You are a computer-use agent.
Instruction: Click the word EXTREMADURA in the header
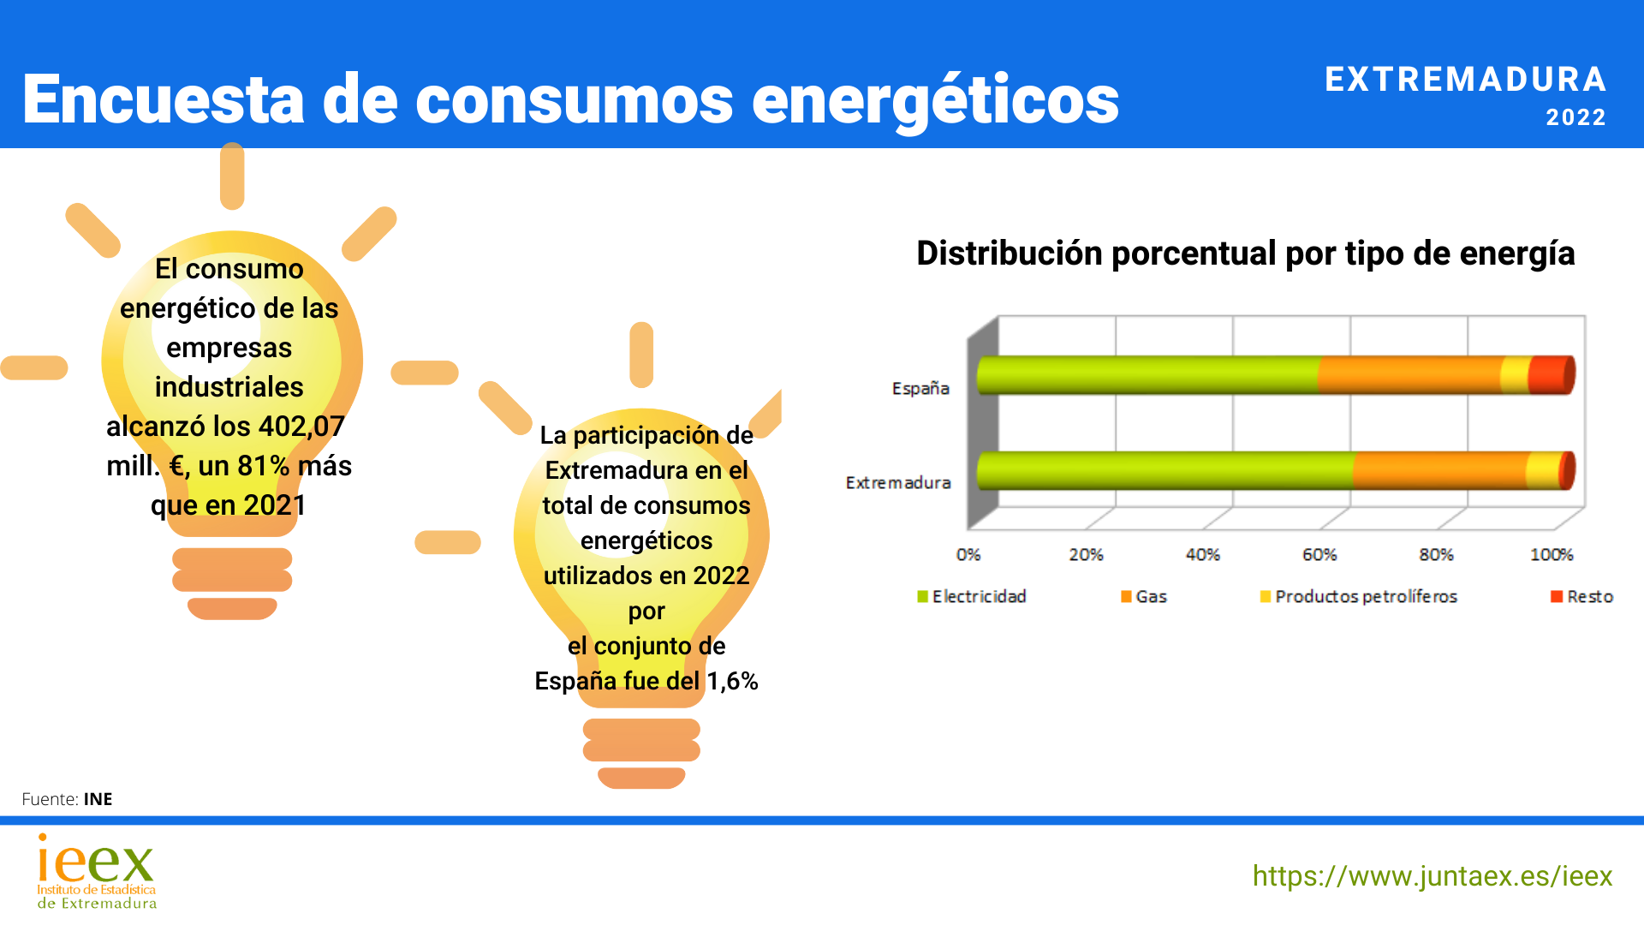1465,80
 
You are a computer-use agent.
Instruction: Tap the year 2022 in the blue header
1575,117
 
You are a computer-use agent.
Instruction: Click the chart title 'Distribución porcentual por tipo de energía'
1245,254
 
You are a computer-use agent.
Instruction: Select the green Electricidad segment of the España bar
1147,375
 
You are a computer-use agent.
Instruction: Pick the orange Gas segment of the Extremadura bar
1438,470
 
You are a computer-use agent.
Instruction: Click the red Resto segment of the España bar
1550,375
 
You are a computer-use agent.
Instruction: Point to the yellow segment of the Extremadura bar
1543,470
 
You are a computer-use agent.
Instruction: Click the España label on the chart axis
920,389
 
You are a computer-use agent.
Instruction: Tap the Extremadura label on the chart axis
898,483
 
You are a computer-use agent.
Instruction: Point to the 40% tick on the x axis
1202,555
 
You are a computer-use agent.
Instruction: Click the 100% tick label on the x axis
1552,555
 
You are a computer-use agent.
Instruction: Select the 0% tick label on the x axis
968,555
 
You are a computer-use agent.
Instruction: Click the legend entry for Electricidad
972,597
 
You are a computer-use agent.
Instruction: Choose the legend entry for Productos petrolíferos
1359,597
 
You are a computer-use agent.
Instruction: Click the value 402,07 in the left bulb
301,427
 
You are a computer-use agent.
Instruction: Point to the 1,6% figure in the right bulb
732,682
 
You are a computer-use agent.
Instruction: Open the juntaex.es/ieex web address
1432,876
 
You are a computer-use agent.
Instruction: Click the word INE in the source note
98,799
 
